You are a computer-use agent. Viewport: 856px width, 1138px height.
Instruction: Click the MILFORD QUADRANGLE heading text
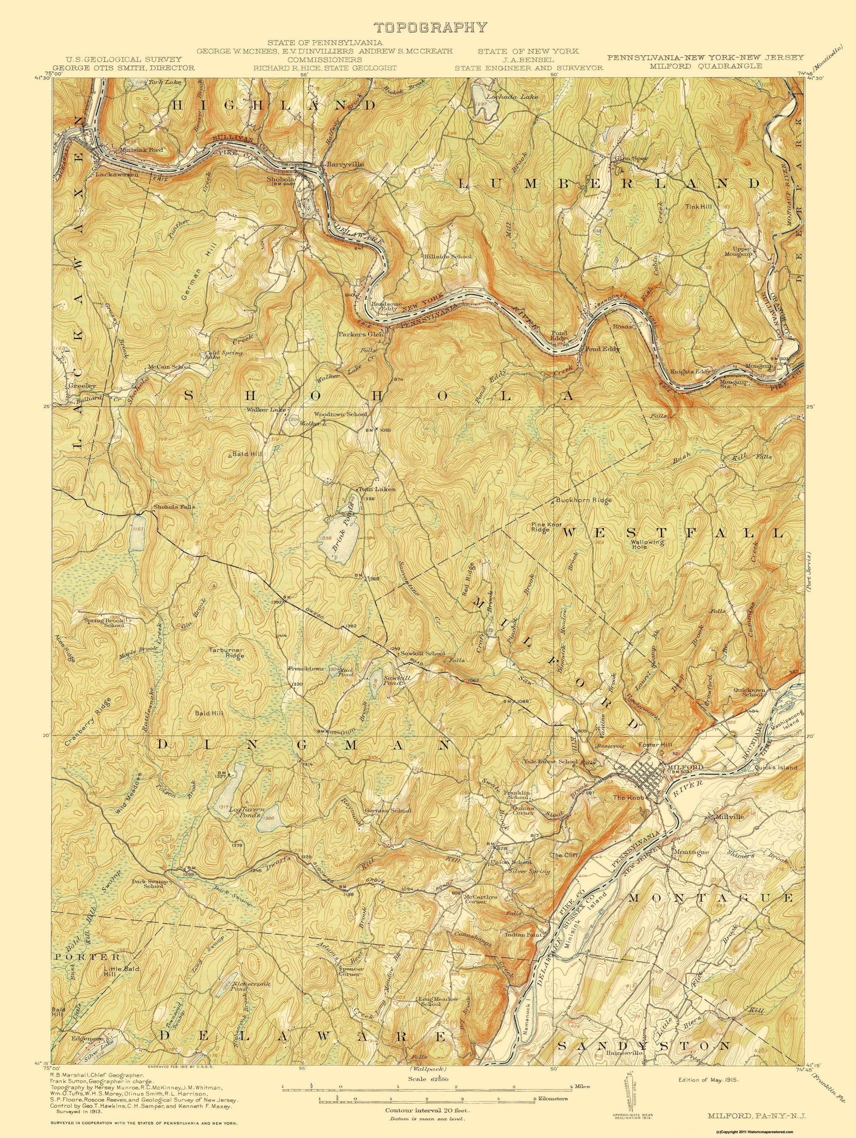click(x=705, y=66)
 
